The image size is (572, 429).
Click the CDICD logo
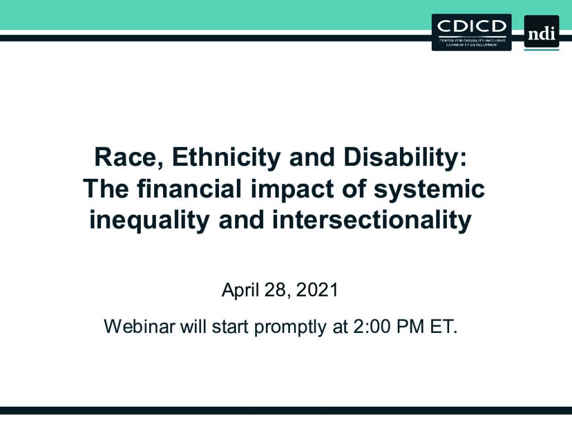pyautogui.click(x=471, y=32)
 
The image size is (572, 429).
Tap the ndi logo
pyautogui.click(x=542, y=32)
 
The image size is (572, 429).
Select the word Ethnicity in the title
pyautogui.click(x=226, y=158)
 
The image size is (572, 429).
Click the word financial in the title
pyautogui.click(x=189, y=189)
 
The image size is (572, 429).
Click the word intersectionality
pyautogui.click(x=372, y=220)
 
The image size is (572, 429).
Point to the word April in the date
pyautogui.click(x=240, y=290)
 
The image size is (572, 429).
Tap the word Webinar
pyautogui.click(x=140, y=326)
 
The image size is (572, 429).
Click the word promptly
pyautogui.click(x=290, y=327)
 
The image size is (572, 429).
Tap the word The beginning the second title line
pyautogui.click(x=106, y=189)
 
